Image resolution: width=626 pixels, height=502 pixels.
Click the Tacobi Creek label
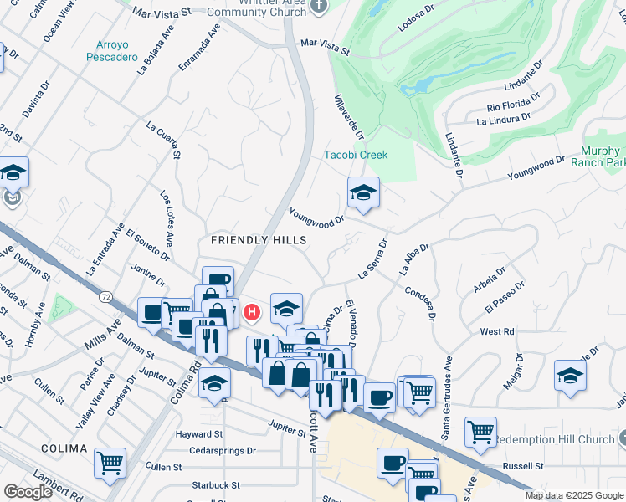(356, 155)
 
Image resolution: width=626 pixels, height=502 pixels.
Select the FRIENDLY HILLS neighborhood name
(259, 240)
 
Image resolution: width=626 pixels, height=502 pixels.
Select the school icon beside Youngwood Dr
(363, 193)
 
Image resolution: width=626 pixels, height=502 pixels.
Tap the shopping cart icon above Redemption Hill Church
(480, 432)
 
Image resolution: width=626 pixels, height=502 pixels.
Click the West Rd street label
(497, 332)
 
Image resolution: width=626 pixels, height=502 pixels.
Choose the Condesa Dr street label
(420, 304)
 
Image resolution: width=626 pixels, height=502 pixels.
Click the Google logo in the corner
(28, 492)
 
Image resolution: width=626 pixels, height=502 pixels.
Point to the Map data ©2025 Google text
(573, 495)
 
